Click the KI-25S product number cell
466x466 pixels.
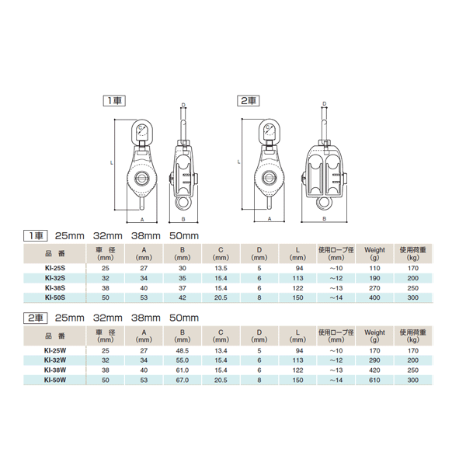pyautogui.click(x=55, y=268)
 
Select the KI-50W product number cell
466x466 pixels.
pyautogui.click(x=55, y=380)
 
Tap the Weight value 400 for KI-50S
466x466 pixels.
pyautogui.click(x=374, y=297)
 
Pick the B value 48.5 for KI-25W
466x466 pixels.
pyautogui.click(x=183, y=351)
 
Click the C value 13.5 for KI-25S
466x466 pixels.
pyautogui.click(x=221, y=268)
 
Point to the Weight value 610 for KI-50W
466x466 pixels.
pyautogui.click(x=374, y=380)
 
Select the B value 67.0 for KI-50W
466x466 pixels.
pyautogui.click(x=183, y=380)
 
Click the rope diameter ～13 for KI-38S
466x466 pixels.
pyautogui.click(x=336, y=288)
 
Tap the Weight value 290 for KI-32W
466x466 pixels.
pyautogui.click(x=374, y=360)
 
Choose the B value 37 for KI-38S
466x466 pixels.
pyautogui.click(x=183, y=288)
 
